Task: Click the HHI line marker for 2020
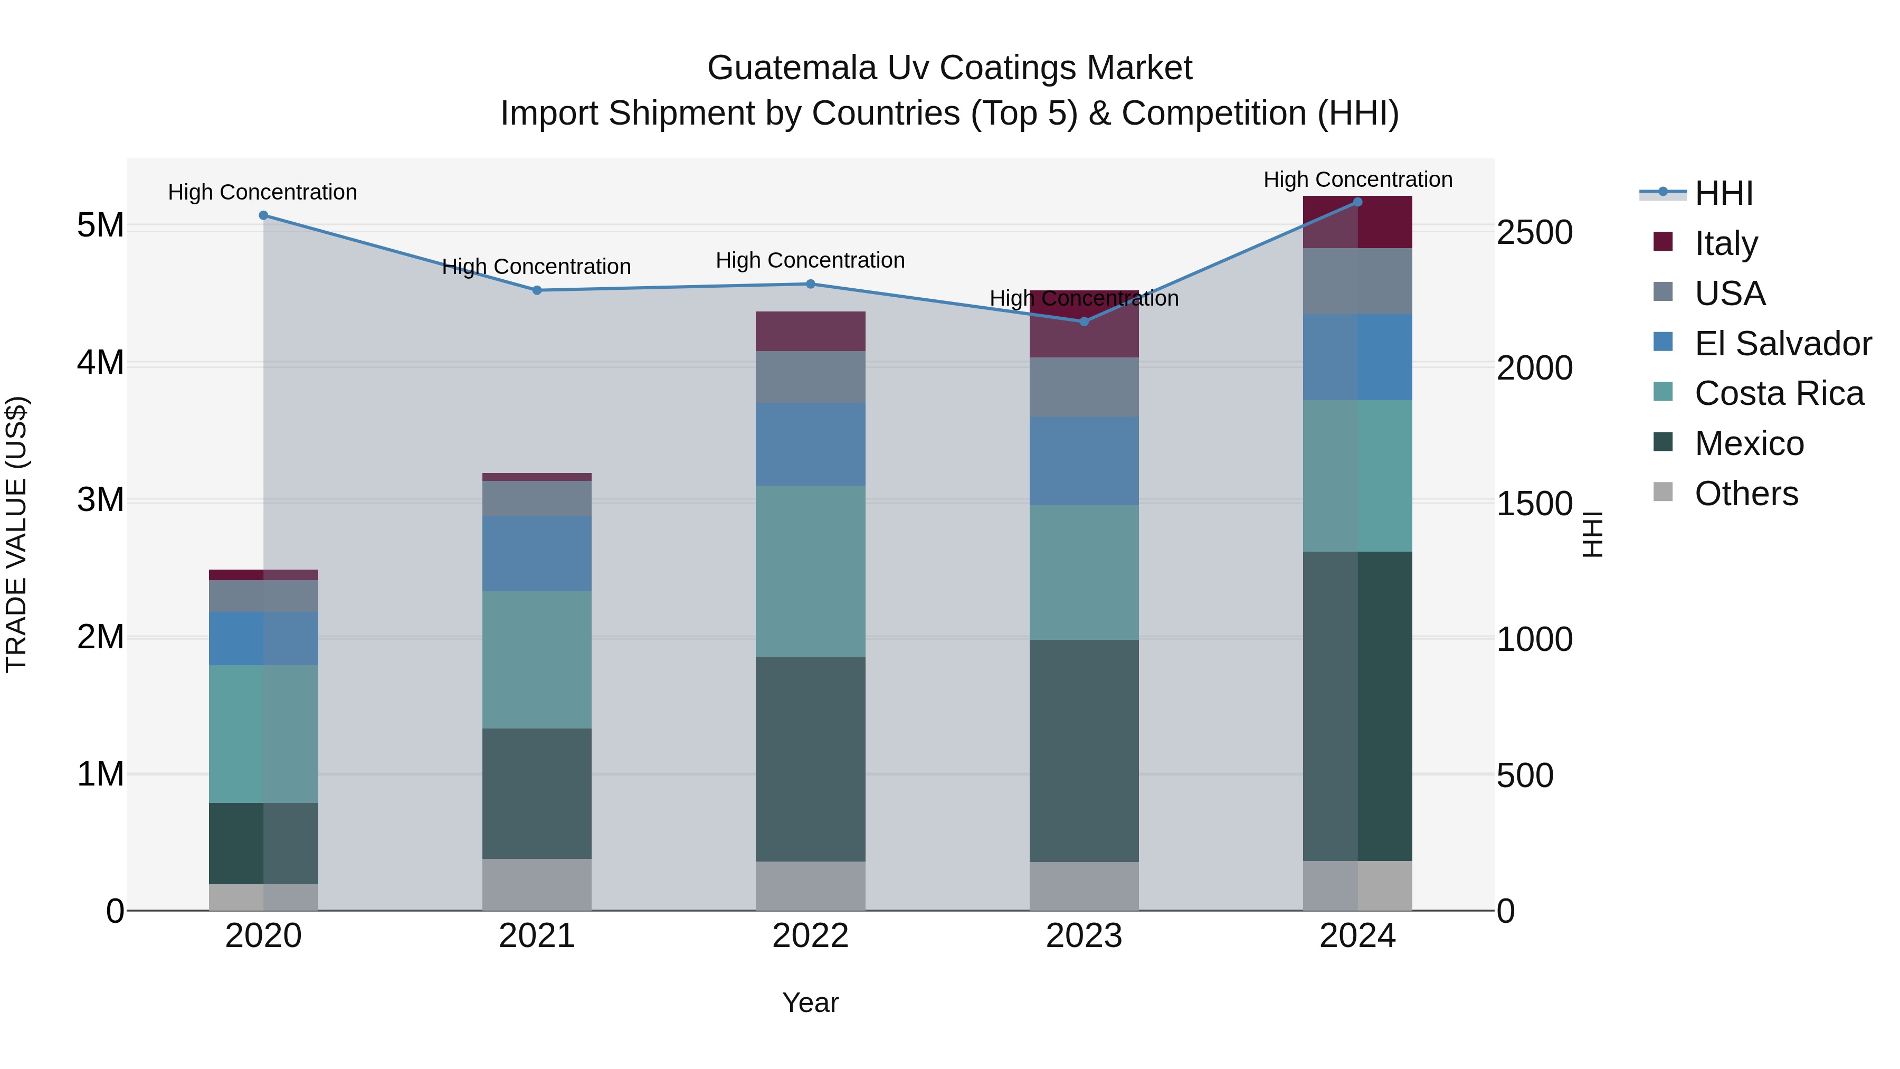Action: pyautogui.click(x=263, y=215)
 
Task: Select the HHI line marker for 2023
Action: pyautogui.click(x=1084, y=321)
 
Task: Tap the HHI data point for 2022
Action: pyautogui.click(x=810, y=284)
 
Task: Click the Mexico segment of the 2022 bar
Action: pyautogui.click(x=810, y=759)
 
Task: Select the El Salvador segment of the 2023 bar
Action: pyautogui.click(x=1084, y=460)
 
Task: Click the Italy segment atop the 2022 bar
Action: pyautogui.click(x=810, y=331)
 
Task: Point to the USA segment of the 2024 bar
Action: pyautogui.click(x=1357, y=281)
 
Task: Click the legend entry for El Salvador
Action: pyautogui.click(x=1782, y=344)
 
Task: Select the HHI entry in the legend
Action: pyautogui.click(x=1723, y=193)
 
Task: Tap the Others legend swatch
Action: pyautogui.click(x=1663, y=492)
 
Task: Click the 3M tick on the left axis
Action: pyautogui.click(x=100, y=499)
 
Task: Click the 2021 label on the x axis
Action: pyautogui.click(x=536, y=936)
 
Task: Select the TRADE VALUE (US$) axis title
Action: pyautogui.click(x=16, y=534)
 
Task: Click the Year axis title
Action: pyautogui.click(x=810, y=1002)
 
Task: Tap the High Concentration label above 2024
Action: pyautogui.click(x=1357, y=179)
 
